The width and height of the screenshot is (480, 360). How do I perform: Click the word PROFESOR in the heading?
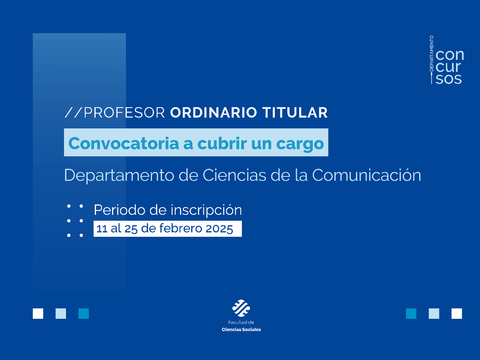click(124, 113)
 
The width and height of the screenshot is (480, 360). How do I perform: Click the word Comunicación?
click(366, 175)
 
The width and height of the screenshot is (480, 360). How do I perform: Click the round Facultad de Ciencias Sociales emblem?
click(241, 308)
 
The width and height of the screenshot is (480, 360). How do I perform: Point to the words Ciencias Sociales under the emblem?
click(241, 330)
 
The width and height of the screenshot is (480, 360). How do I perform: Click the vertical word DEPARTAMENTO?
click(432, 54)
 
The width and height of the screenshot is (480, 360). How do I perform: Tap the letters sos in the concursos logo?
click(449, 79)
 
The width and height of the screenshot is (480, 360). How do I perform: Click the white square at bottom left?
click(38, 314)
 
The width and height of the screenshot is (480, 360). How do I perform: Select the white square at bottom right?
click(457, 314)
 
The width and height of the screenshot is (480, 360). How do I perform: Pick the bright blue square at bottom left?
click(84, 314)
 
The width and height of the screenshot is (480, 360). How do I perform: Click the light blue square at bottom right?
click(434, 314)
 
